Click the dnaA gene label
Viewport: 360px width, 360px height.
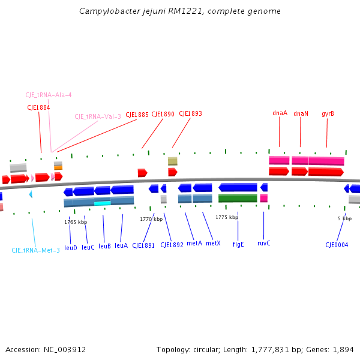click(x=280, y=113)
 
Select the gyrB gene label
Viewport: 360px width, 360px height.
click(x=328, y=113)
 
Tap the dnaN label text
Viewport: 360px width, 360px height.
click(x=301, y=113)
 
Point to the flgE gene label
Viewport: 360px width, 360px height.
click(x=238, y=244)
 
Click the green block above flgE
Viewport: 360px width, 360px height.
click(x=238, y=198)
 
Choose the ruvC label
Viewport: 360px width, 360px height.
click(x=264, y=244)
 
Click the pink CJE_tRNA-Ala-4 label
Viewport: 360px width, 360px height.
click(x=49, y=95)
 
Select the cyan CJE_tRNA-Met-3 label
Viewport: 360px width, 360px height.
click(x=36, y=250)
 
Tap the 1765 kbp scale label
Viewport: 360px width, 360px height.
click(x=76, y=222)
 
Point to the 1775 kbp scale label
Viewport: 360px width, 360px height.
click(x=227, y=217)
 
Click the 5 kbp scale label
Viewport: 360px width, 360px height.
click(x=344, y=218)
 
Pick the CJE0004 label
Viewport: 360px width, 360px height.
click(x=337, y=245)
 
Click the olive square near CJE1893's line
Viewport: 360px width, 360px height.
click(x=173, y=161)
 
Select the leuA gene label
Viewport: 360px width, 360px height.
click(x=121, y=245)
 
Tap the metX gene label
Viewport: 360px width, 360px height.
click(x=213, y=244)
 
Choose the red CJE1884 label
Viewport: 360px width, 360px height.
click(x=38, y=107)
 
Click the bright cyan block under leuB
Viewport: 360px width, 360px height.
click(x=103, y=203)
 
